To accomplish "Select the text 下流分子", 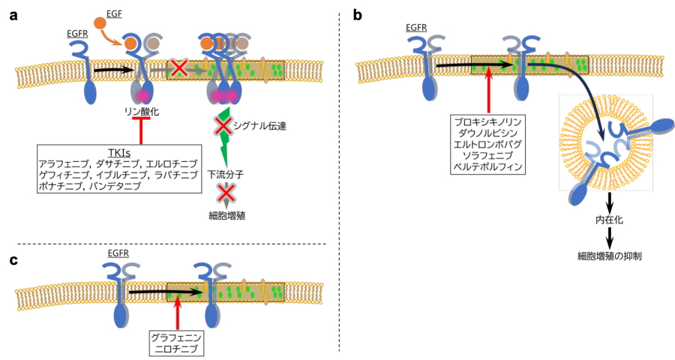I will pos(223,175).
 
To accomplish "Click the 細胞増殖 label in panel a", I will pos(223,214).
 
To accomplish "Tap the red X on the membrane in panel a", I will pos(179,68).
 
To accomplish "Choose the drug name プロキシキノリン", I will pos(487,120).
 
